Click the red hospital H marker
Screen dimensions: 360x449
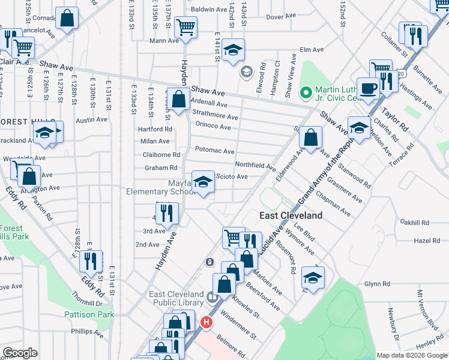[206, 323]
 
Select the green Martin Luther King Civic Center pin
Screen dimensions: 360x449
[306, 92]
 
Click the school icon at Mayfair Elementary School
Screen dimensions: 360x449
[203, 182]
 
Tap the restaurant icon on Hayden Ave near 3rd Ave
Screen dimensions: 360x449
[166, 213]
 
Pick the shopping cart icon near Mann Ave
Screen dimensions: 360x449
[186, 28]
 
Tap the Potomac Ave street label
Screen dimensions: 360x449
[214, 151]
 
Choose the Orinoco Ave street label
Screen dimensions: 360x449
[213, 127]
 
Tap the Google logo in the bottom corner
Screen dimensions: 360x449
[19, 353]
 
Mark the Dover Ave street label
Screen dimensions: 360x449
[278, 17]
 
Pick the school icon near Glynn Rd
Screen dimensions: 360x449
[313, 277]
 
